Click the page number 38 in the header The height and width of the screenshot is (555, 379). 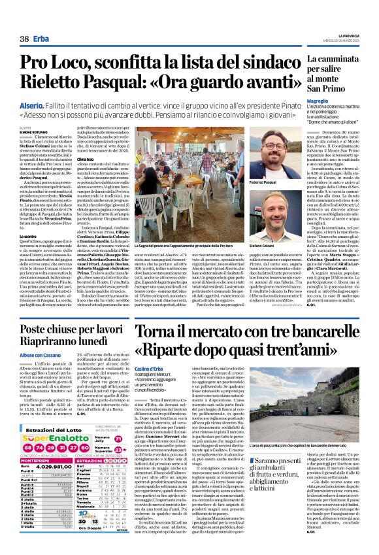click(25, 39)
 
